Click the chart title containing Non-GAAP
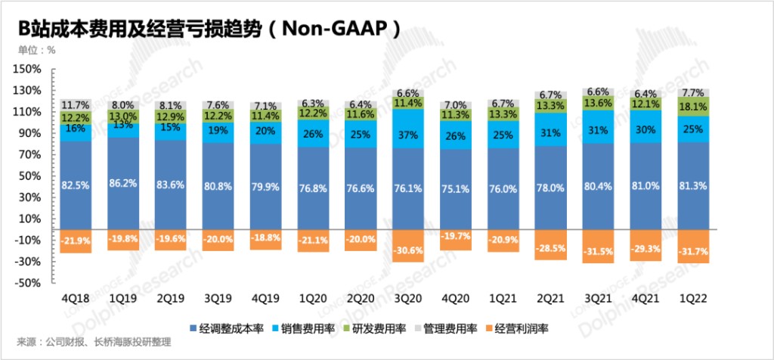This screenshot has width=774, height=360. [x=209, y=29]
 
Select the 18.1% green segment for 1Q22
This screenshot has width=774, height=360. [x=693, y=107]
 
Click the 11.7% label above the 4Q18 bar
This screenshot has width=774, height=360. [x=76, y=104]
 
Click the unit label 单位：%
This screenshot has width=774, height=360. [x=37, y=51]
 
